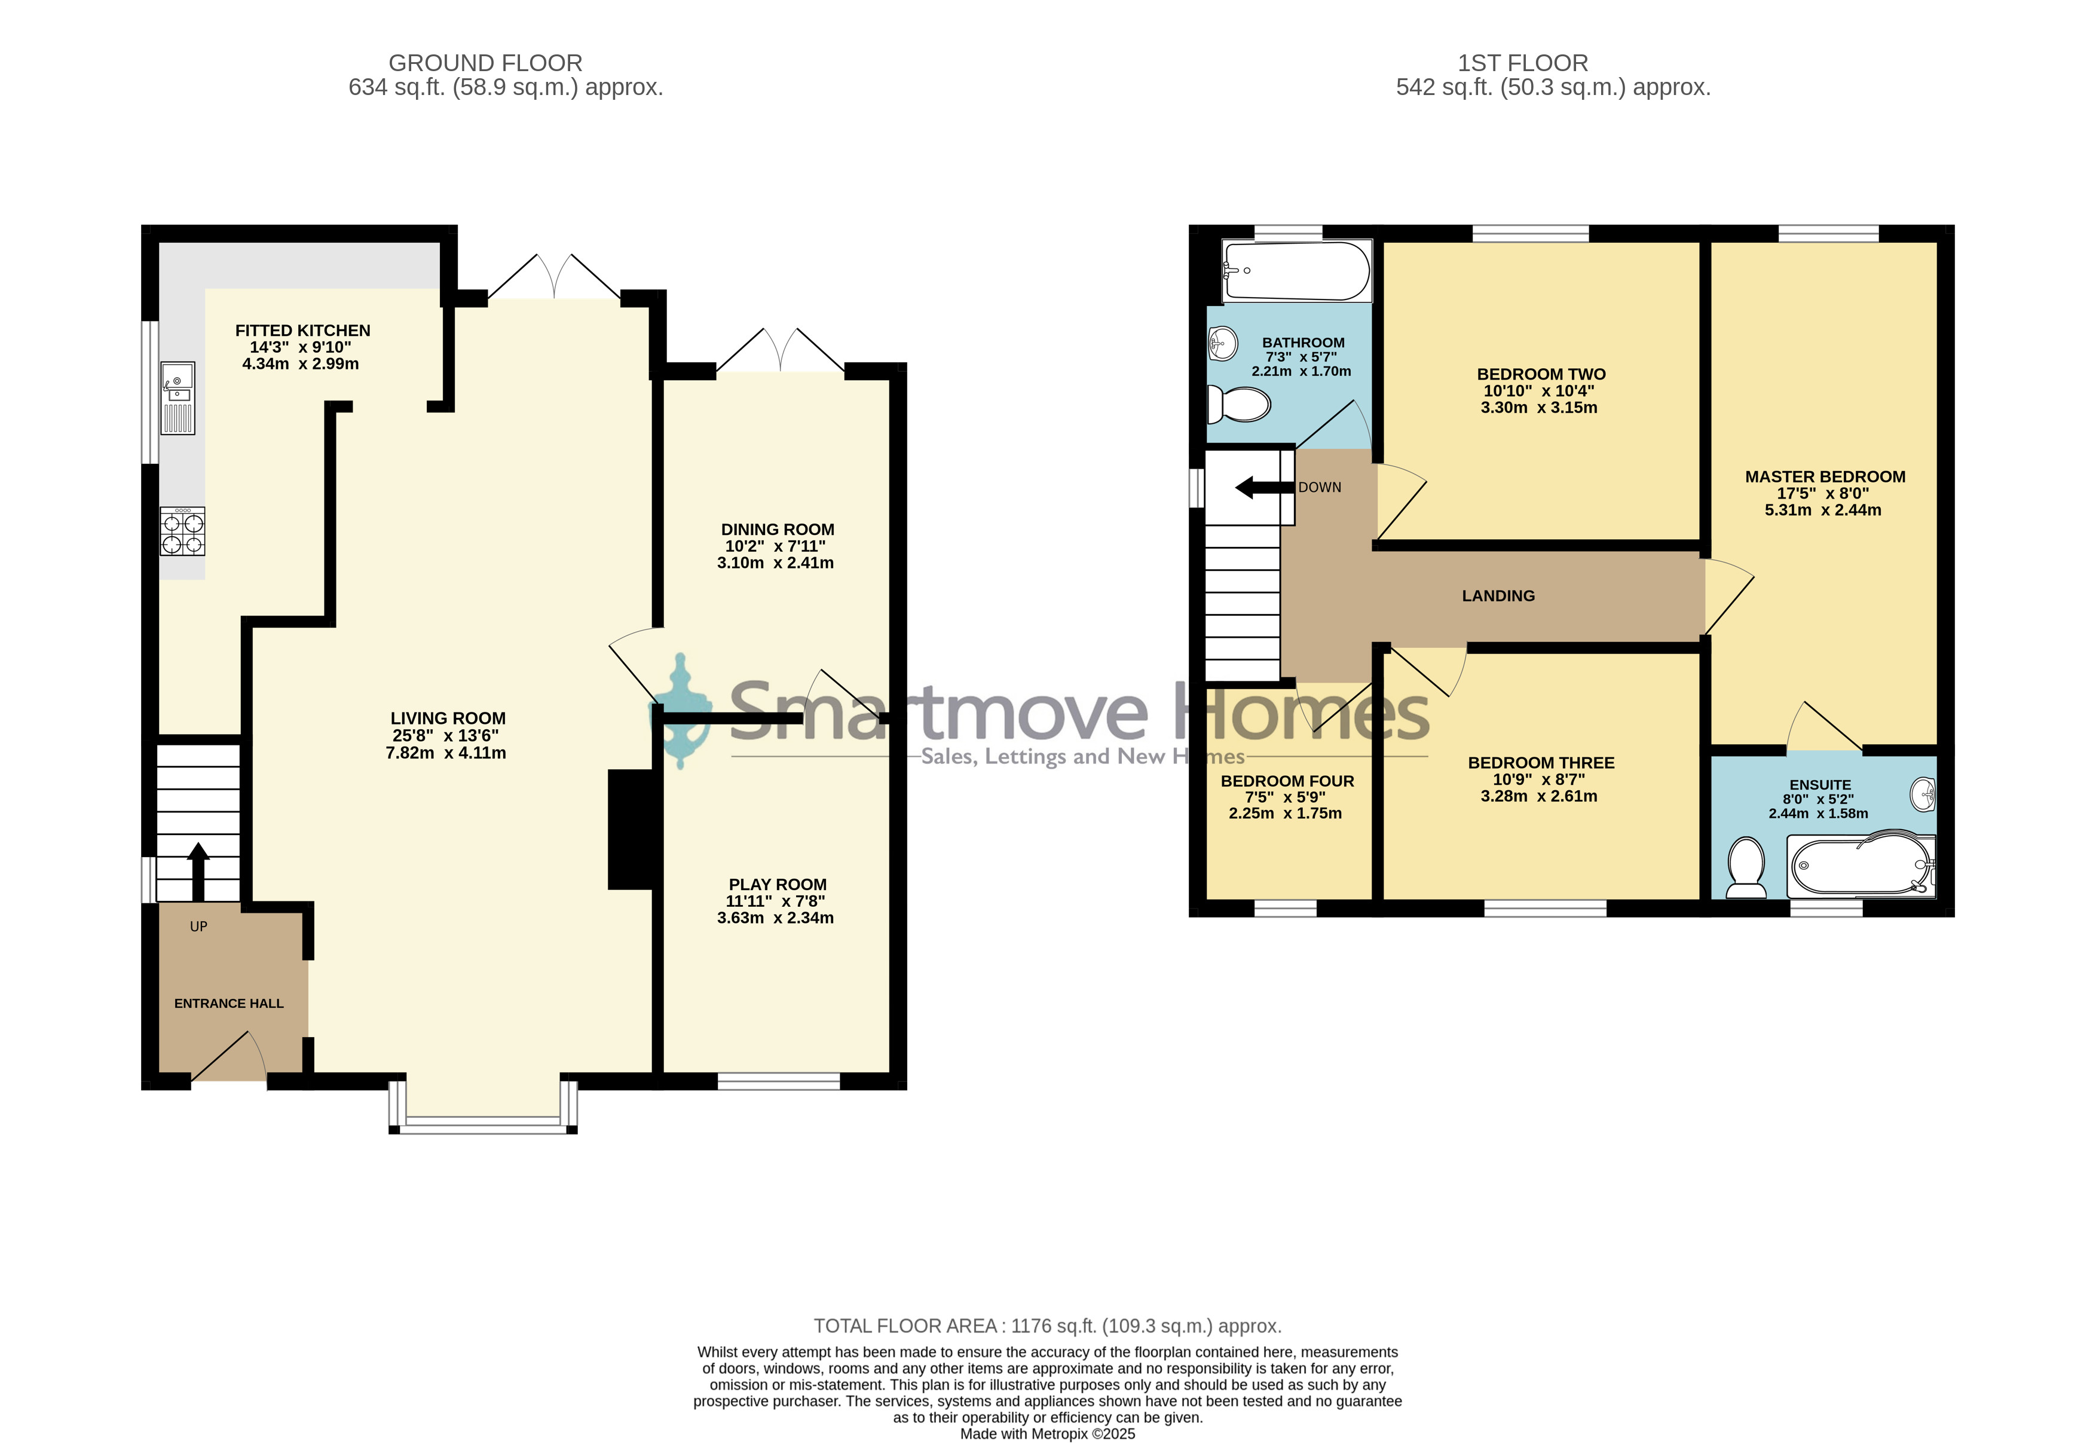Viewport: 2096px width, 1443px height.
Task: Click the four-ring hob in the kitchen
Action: click(182, 531)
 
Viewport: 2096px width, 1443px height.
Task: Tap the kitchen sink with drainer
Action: click(178, 398)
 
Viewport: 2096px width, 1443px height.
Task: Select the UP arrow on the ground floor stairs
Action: click(198, 872)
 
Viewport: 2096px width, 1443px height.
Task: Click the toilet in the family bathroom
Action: click(1239, 404)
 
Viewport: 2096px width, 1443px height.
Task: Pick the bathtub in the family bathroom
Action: click(1296, 270)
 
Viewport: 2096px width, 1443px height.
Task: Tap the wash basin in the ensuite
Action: click(1923, 795)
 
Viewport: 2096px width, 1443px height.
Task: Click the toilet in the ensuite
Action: click(1746, 868)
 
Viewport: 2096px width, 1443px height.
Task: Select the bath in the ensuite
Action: click(1862, 865)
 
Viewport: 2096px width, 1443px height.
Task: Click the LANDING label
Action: click(1498, 596)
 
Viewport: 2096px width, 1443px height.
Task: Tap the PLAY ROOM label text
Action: click(778, 884)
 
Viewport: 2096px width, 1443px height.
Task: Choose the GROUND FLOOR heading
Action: click(485, 63)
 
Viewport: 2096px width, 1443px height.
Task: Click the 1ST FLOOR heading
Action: click(1523, 63)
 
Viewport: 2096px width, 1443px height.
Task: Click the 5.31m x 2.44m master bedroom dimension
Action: click(1823, 510)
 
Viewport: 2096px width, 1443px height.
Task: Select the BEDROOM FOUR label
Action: click(1287, 781)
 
